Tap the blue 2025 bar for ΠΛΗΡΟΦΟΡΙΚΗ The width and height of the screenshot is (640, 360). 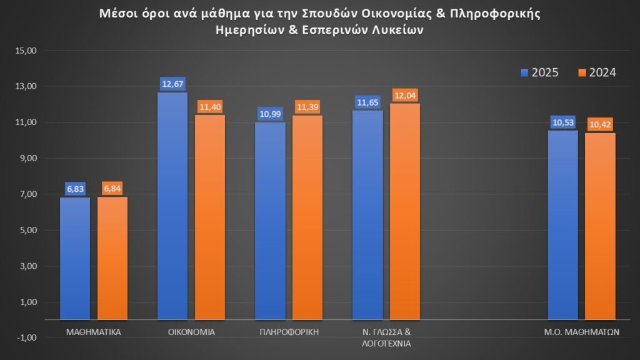click(x=271, y=221)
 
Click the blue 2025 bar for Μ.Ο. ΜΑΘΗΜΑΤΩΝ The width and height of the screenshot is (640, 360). click(x=562, y=225)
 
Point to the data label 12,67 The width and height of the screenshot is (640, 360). click(x=172, y=84)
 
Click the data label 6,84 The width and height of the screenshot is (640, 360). click(x=112, y=189)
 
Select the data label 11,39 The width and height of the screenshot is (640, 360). click(x=307, y=107)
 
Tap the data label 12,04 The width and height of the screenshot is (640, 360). click(x=405, y=95)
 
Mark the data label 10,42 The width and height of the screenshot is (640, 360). click(x=600, y=124)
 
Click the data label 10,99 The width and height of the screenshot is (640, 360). click(x=271, y=114)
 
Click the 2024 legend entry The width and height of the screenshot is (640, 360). click(x=597, y=72)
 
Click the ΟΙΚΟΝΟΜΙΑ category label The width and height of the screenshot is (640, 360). click(x=192, y=332)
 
